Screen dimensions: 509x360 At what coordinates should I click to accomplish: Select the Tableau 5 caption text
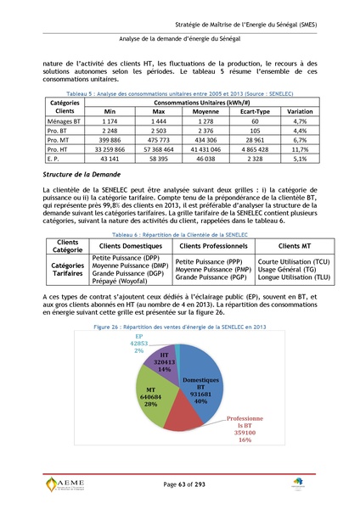click(180, 92)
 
